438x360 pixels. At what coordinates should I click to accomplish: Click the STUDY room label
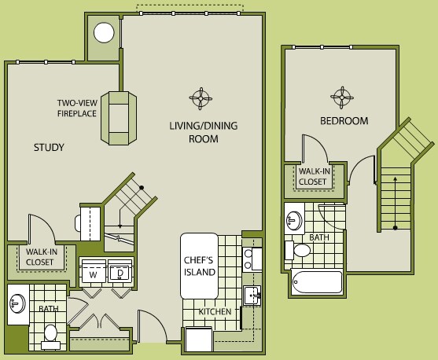pyautogui.click(x=49, y=147)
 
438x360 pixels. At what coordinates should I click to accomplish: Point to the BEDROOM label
pyautogui.click(x=344, y=121)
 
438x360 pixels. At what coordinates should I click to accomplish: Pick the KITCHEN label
pyautogui.click(x=215, y=312)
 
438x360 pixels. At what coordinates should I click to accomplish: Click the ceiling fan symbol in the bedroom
pyautogui.click(x=340, y=97)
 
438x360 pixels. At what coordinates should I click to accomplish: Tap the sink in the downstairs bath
pyautogui.click(x=18, y=303)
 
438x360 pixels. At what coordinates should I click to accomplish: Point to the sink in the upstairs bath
pyautogui.click(x=295, y=219)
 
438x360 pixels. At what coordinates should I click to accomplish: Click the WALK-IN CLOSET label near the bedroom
pyautogui.click(x=312, y=175)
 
